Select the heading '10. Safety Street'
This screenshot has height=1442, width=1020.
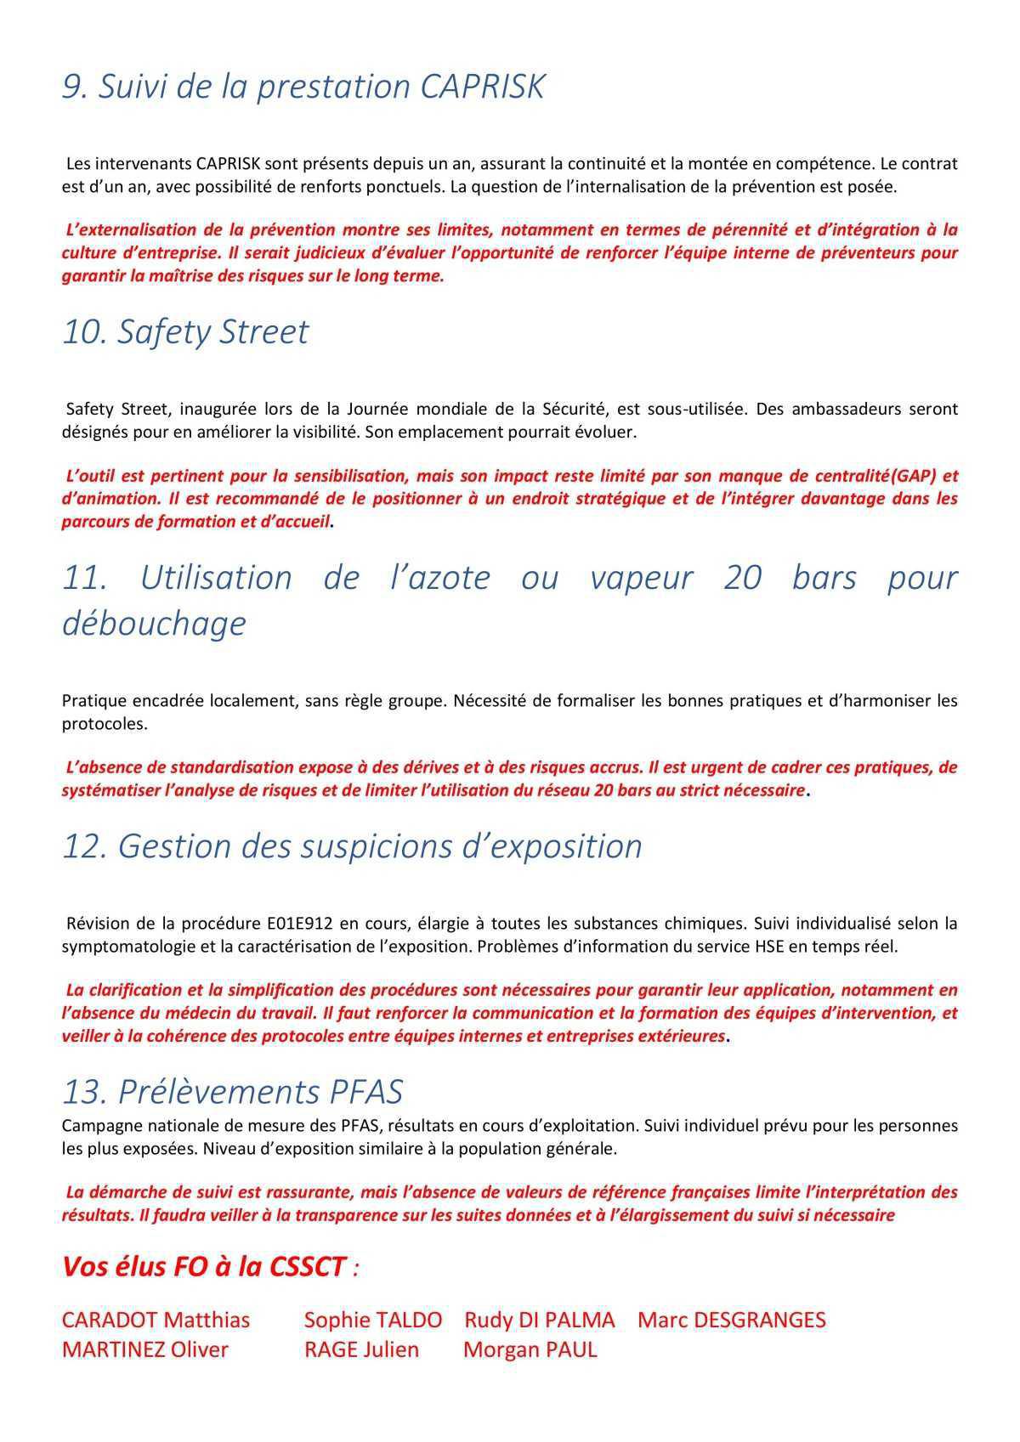[185, 331]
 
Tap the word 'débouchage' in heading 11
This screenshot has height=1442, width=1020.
[154, 623]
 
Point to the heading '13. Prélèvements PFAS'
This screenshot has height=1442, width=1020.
[232, 1091]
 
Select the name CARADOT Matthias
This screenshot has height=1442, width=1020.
[156, 1320]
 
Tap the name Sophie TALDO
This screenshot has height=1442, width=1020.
[372, 1320]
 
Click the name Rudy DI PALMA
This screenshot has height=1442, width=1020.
[539, 1320]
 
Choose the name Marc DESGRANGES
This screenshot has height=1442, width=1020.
[731, 1320]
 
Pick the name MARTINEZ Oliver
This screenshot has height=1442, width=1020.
[144, 1349]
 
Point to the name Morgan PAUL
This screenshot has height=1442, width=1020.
[530, 1349]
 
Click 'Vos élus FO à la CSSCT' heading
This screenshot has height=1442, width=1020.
[205, 1267]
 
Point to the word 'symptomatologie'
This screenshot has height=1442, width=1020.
[128, 946]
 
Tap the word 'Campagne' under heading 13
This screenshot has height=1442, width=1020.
[97, 1126]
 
